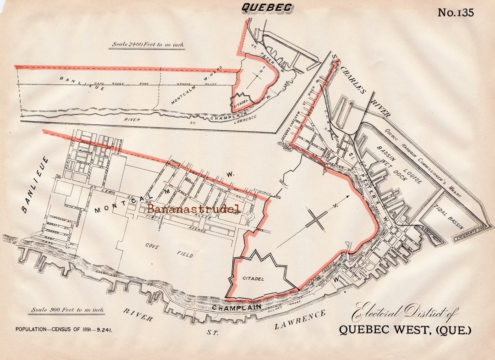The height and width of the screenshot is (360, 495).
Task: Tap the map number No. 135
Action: tap(455, 12)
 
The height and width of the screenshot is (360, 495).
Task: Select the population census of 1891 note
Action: tap(64, 329)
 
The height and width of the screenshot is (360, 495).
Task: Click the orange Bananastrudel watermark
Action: tap(194, 209)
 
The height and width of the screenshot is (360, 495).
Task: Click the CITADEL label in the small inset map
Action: tap(241, 104)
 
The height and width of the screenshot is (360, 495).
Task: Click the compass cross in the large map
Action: tap(316, 220)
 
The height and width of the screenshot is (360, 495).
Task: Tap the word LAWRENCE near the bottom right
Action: tap(300, 320)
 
